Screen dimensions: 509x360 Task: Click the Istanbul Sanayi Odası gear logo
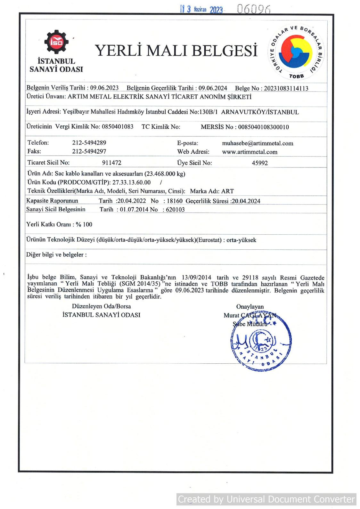tap(56, 42)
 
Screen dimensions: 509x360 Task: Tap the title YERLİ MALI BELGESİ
tap(176, 51)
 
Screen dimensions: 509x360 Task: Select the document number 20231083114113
tap(286, 88)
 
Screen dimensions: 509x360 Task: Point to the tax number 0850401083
tap(118, 126)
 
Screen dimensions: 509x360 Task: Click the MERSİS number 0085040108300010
tap(263, 127)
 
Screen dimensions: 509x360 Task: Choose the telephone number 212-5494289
tap(89, 143)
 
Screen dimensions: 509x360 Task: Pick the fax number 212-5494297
tap(89, 151)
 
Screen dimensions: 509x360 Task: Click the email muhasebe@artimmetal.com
tap(258, 143)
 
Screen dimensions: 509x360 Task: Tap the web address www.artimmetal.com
tap(250, 152)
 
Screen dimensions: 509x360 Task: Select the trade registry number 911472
tap(112, 163)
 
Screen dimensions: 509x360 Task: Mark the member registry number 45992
tap(260, 163)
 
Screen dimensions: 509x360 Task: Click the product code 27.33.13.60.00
tap(131, 182)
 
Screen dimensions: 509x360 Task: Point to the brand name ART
tap(227, 191)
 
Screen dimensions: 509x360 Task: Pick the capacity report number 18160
tap(175, 201)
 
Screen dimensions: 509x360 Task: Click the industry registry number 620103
tap(175, 210)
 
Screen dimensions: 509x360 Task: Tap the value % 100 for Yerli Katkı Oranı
tap(84, 224)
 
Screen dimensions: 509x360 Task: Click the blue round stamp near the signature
tap(261, 342)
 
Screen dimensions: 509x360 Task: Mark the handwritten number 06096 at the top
tap(254, 9)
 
